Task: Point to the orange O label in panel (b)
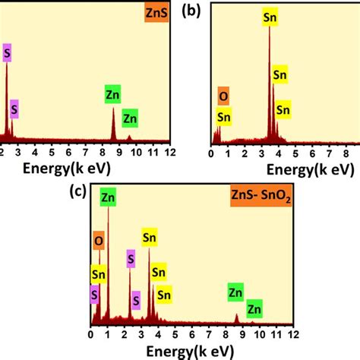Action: pos(223,98)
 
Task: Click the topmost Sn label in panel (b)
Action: pos(270,15)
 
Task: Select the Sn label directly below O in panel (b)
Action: pos(223,116)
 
